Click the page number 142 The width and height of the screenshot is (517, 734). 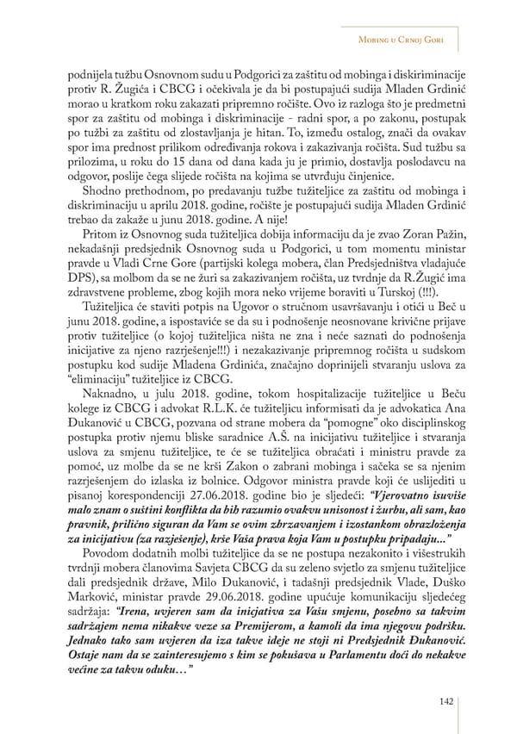[445, 702]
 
